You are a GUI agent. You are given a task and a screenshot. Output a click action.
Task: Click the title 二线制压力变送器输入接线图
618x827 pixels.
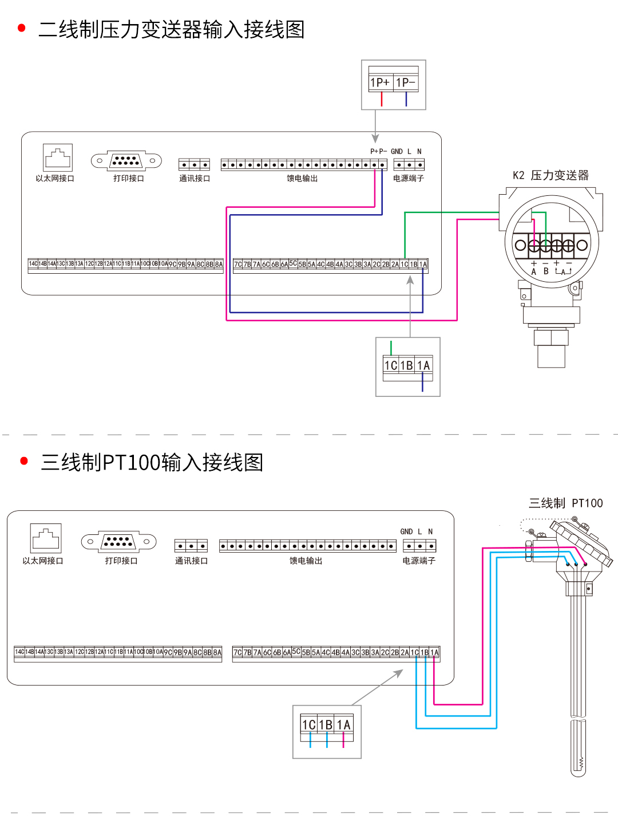(171, 29)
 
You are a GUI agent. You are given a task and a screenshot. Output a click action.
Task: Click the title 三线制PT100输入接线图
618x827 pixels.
(152, 462)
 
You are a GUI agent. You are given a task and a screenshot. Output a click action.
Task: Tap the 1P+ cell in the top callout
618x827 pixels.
(381, 82)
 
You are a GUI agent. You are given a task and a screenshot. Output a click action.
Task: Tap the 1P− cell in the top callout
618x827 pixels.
(406, 82)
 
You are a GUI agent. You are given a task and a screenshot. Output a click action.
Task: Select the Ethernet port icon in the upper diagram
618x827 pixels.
(58, 157)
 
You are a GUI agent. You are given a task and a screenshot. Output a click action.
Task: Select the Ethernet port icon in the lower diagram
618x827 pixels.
(46, 538)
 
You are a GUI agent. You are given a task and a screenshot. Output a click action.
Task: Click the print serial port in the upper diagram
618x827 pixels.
(126, 161)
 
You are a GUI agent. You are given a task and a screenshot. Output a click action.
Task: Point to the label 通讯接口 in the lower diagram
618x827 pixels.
(191, 561)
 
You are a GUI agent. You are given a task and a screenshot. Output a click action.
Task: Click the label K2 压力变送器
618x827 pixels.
(550, 175)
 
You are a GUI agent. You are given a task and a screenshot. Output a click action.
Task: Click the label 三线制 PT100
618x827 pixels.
(565, 503)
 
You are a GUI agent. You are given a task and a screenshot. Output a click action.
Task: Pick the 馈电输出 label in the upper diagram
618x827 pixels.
(302, 179)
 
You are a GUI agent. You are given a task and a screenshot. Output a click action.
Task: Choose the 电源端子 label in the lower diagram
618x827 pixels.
(419, 561)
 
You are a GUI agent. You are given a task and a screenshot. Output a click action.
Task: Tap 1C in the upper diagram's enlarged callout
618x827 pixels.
(391, 365)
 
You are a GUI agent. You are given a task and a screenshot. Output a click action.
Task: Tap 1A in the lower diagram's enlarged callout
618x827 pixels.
(343, 725)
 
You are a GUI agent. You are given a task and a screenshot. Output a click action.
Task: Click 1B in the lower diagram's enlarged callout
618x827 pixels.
(326, 725)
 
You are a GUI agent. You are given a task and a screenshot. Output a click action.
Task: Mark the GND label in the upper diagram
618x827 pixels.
(397, 152)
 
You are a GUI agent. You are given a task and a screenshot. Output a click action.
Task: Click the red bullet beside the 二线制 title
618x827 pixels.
(22, 28)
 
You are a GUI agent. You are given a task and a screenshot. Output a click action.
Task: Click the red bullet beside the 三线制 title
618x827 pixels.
(24, 461)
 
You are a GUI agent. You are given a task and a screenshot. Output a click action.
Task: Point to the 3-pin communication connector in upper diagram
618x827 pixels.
(194, 165)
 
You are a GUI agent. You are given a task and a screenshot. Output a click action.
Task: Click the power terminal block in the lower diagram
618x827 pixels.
(419, 546)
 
